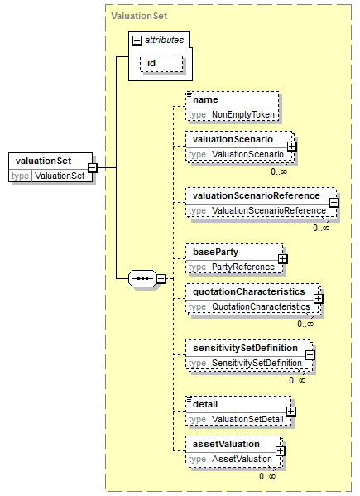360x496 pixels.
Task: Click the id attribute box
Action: tap(161, 63)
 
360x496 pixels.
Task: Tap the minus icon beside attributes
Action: tap(137, 41)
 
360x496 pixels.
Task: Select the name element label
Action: tap(205, 99)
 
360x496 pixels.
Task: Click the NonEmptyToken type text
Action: tap(243, 114)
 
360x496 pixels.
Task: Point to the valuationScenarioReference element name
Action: tap(257, 195)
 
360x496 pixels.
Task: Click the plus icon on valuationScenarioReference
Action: tap(334, 202)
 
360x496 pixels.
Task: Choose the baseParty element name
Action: tap(215, 252)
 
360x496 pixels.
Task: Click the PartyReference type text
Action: tap(243, 267)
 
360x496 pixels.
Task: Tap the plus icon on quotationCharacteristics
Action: tap(319, 299)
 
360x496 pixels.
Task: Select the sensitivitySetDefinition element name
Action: tap(245, 349)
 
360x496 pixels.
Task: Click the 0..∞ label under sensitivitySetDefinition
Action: tap(297, 380)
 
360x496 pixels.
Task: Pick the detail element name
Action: tap(205, 405)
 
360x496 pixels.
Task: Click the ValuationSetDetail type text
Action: tap(247, 420)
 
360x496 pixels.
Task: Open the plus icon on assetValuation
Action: tap(280, 451)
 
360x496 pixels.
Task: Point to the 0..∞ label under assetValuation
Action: tap(267, 476)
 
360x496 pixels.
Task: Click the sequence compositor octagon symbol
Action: tap(142, 279)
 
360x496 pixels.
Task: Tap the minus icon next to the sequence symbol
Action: tap(161, 279)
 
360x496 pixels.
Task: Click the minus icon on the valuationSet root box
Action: tap(93, 167)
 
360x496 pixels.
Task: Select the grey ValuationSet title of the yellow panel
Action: tap(139, 16)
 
